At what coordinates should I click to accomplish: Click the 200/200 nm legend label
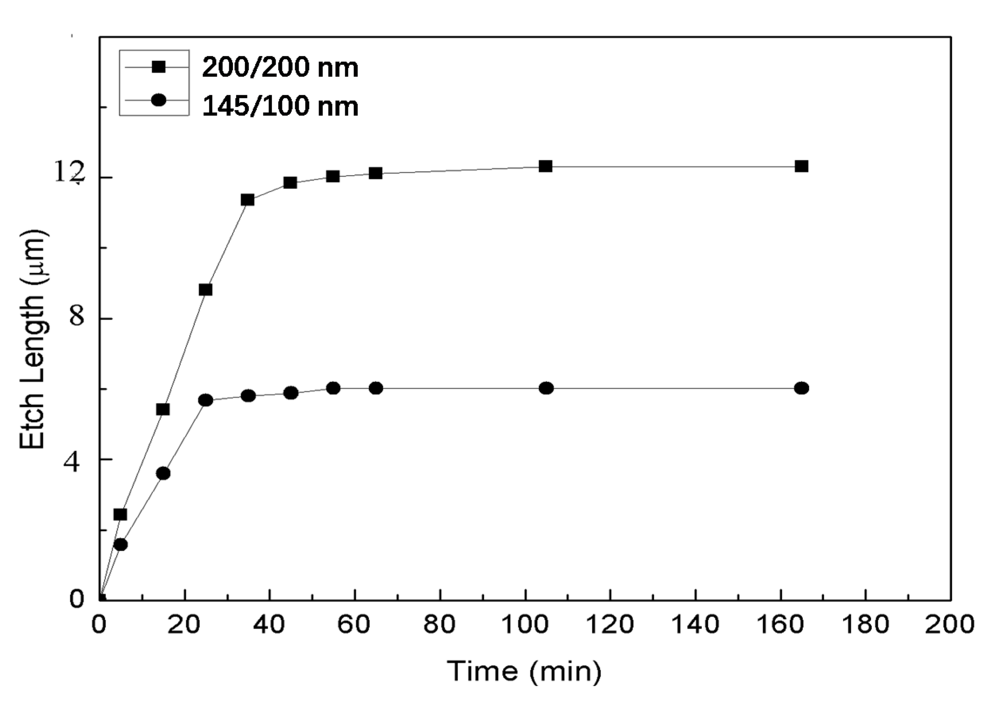coord(280,67)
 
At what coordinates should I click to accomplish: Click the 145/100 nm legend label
coord(280,106)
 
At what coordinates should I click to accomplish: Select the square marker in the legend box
coord(159,67)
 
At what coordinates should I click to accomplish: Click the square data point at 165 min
coord(801,166)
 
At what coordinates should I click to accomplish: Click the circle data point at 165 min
coord(801,388)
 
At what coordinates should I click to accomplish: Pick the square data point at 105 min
coord(546,166)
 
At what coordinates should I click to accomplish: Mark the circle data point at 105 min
coord(546,388)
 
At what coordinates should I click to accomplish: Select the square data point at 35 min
coord(247,200)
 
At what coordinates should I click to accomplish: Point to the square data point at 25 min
coord(205,289)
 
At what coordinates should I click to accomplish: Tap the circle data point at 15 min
coord(163,473)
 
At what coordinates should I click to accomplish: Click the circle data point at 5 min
coord(121,545)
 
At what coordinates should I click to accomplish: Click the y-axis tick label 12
coord(68,173)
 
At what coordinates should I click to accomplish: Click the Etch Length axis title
coord(33,339)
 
